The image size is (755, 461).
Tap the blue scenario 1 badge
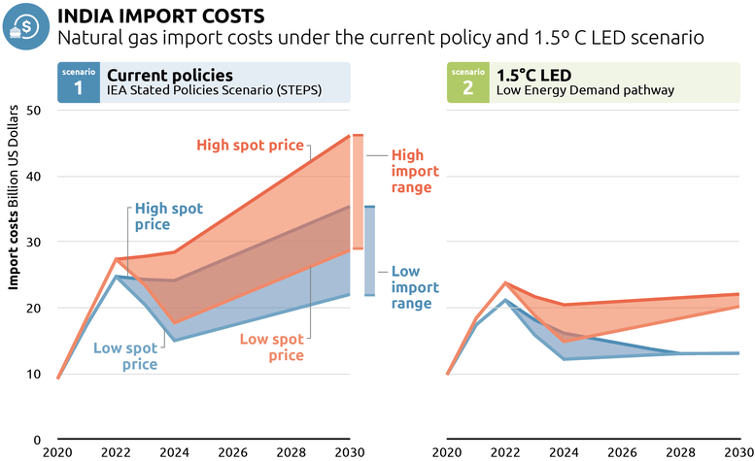coord(78,82)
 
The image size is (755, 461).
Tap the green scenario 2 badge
coord(467,82)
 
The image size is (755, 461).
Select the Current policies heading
coord(169,75)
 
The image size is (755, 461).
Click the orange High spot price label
coord(251,146)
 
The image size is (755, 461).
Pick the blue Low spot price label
coord(124,356)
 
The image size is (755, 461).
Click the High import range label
coord(415,171)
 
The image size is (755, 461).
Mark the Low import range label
coord(415,288)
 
